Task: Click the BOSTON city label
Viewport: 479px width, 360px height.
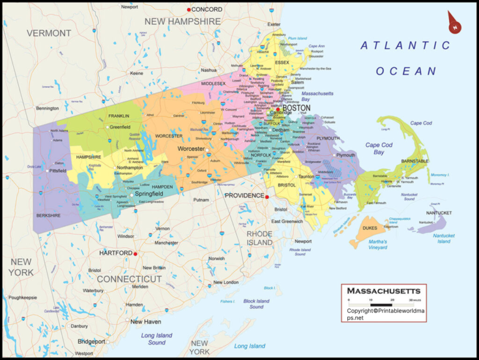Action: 296,107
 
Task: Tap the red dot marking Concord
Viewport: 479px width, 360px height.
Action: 189,10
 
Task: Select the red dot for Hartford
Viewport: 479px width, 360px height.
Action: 135,253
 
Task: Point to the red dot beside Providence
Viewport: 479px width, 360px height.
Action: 266,197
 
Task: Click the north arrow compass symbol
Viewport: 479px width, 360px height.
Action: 454,23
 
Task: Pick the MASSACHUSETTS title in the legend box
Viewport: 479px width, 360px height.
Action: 384,291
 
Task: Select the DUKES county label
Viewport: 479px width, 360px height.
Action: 369,228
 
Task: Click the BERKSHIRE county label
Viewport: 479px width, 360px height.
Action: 49,215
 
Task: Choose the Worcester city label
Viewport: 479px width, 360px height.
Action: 191,149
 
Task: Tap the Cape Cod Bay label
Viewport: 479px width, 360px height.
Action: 379,148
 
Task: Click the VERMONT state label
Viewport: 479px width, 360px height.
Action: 49,32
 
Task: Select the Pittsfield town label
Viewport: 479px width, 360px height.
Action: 57,170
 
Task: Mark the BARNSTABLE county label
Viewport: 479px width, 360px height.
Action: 415,161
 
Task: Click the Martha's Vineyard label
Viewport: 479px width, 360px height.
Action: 377,245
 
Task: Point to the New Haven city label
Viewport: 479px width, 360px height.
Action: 145,321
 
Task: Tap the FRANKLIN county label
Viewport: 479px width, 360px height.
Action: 119,116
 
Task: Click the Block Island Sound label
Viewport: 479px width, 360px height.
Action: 256,304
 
